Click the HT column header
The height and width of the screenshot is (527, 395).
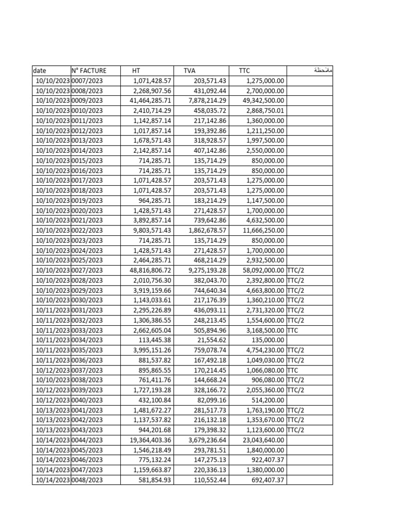136,71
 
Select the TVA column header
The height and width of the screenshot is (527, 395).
189,71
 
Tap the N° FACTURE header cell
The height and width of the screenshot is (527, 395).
89,71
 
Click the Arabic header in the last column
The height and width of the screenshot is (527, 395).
323,70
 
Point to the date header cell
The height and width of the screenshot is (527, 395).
39,71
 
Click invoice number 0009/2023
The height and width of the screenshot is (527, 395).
87,100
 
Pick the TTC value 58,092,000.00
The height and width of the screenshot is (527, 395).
263,270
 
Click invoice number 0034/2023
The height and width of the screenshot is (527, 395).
87,340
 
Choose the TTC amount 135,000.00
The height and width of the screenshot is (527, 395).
267,340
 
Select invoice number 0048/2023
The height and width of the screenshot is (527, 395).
87,480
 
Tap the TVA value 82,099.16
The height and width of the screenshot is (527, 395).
211,400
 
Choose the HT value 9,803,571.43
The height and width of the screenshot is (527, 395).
152,231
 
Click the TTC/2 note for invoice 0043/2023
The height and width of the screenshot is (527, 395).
296,430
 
